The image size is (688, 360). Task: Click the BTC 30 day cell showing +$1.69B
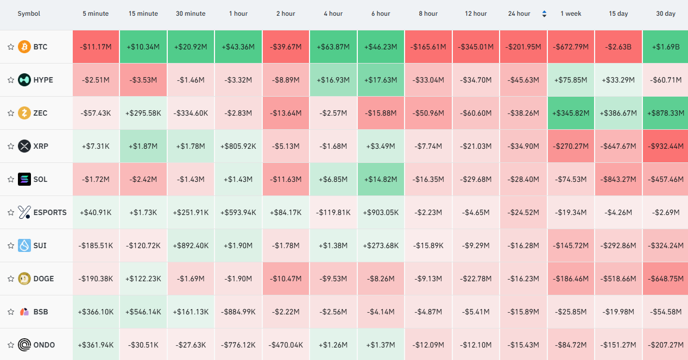(666, 47)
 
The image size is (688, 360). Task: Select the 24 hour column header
(519, 14)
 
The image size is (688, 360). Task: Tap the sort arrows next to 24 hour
(544, 14)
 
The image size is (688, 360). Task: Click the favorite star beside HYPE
(11, 80)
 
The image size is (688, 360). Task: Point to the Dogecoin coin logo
(24, 279)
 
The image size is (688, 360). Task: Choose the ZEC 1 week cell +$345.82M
(571, 113)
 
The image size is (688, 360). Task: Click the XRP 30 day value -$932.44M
(666, 146)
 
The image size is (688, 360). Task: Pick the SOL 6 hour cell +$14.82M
(381, 179)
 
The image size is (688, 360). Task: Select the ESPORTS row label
(50, 212)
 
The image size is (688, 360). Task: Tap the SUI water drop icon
(24, 245)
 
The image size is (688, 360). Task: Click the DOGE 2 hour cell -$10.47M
(286, 279)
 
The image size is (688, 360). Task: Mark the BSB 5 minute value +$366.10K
(96, 312)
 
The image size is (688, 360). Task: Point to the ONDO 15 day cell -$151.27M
(618, 345)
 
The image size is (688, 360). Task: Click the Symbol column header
(29, 14)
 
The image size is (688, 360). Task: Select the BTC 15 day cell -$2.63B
(618, 47)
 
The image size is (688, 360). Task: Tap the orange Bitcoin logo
(24, 47)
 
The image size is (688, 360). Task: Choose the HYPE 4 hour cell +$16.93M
(333, 80)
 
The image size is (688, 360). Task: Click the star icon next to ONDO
(11, 345)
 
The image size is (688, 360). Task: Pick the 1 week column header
(571, 14)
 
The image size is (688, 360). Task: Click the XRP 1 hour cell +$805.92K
(238, 146)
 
